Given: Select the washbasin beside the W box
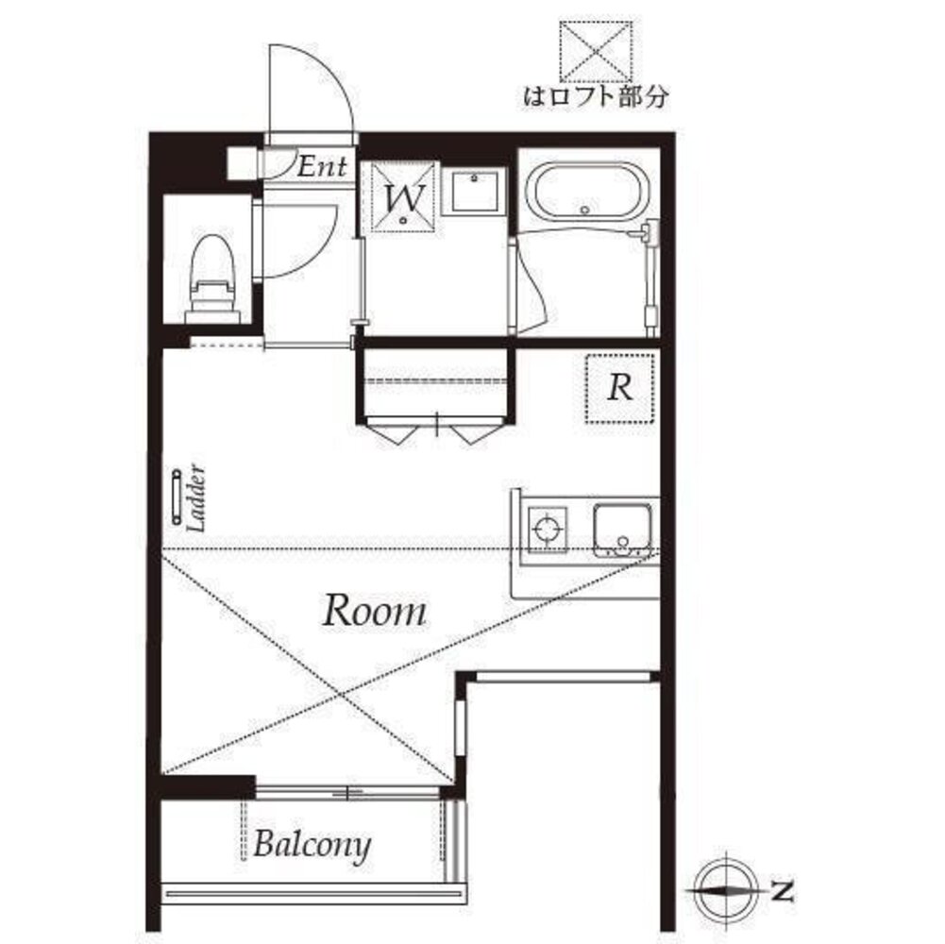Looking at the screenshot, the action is (475, 192).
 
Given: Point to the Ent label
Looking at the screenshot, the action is (322, 167).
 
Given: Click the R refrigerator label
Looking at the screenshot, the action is (620, 388).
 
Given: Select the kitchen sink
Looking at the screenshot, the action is (622, 530).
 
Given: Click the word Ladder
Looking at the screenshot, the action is (196, 497).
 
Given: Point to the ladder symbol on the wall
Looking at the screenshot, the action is (177, 497).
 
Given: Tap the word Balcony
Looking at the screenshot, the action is (312, 845).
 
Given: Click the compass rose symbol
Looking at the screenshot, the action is (726, 890).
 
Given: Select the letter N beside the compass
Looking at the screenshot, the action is (783, 891).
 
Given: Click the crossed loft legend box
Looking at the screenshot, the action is (596, 51).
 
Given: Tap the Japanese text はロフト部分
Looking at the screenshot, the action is (596, 96).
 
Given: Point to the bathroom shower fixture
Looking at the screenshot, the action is (650, 275).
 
